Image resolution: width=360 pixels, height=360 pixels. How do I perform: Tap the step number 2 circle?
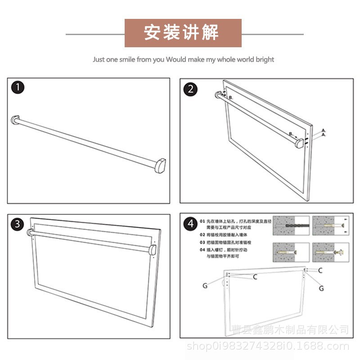tap(190, 89)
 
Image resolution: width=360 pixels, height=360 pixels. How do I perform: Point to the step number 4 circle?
tap(190, 224)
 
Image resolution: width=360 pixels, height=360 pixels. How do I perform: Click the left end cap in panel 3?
tap(31, 233)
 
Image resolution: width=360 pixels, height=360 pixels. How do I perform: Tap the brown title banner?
tap(183, 33)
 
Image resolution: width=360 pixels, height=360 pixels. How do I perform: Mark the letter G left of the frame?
tap(205, 285)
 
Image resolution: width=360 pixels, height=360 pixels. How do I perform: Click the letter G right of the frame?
tap(321, 288)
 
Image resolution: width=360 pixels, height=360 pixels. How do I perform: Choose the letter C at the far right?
tap(320, 270)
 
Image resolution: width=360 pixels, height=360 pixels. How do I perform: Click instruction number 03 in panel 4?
tap(202, 242)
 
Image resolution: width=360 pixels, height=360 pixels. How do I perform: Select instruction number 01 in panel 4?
tap(202, 221)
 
